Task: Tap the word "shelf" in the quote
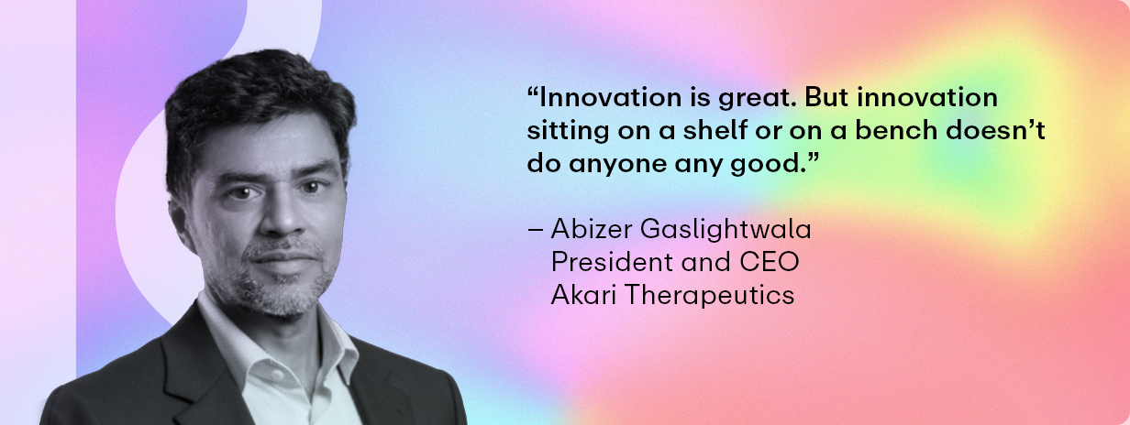tap(714, 130)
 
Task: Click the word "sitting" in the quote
tap(568, 131)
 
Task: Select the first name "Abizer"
tap(592, 229)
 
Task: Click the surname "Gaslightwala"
tap(726, 230)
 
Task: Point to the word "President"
tap(612, 262)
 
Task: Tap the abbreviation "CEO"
tap(770, 262)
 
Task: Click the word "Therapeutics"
tap(710, 295)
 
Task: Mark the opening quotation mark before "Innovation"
tap(533, 93)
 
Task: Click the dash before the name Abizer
tap(535, 231)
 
